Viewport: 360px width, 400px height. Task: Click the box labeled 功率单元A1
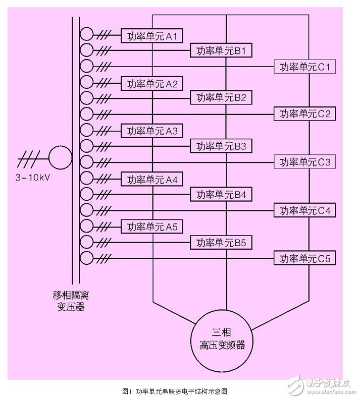[x=151, y=35]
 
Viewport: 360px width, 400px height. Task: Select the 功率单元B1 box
[x=221, y=51]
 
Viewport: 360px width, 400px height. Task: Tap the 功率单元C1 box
[x=304, y=66]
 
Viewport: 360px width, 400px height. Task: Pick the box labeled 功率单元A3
[x=151, y=131]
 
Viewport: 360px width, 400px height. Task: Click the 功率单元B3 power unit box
[x=221, y=146]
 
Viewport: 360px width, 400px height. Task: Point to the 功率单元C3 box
[x=304, y=162]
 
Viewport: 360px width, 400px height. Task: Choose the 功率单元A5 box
[x=151, y=226]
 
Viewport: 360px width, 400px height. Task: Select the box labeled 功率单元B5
[x=221, y=243]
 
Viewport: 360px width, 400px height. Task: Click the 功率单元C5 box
[x=304, y=259]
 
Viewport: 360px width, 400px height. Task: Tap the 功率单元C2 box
[x=304, y=113]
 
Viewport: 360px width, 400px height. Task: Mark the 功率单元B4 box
[x=221, y=194]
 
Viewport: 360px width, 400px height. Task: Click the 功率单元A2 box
[x=151, y=83]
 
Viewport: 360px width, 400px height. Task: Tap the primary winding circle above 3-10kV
[x=60, y=156]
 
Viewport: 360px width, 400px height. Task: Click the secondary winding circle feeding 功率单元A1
[x=87, y=34]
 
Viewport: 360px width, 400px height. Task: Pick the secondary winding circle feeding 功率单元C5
[x=87, y=258]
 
